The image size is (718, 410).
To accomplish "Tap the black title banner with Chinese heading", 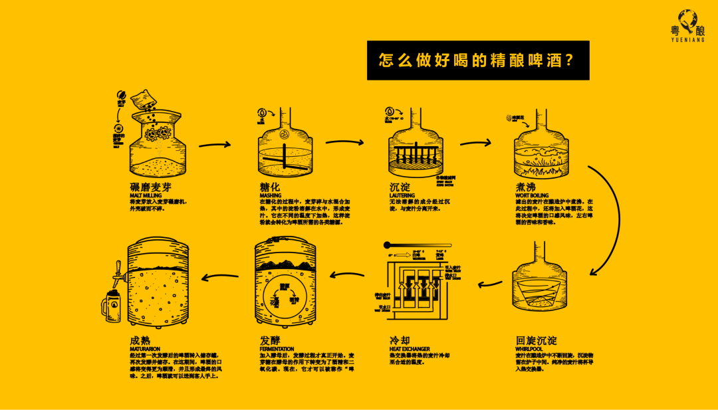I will pyautogui.click(x=478, y=60).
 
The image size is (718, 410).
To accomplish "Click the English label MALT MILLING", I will pyautogui.click(x=146, y=195).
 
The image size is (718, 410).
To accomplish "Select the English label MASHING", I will pyautogui.click(x=271, y=195).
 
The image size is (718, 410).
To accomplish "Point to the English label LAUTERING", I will pyautogui.click(x=402, y=195).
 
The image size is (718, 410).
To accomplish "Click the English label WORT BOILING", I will pyautogui.click(x=532, y=195).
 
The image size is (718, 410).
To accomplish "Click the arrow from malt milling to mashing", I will pyautogui.click(x=215, y=144).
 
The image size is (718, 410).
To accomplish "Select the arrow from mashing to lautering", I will pyautogui.click(x=345, y=142).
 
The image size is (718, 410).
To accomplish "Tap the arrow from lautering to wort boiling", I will pyautogui.click(x=475, y=142).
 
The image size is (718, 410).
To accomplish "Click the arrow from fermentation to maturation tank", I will pyautogui.click(x=220, y=275).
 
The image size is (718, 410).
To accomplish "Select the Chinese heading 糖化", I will pyautogui.click(x=271, y=186).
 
